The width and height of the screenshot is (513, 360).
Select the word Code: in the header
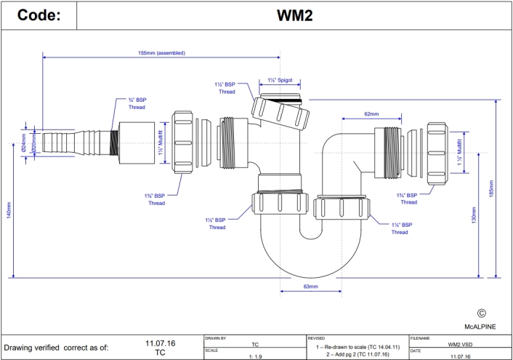tap(38, 15)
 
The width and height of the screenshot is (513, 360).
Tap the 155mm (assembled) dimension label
tap(161, 53)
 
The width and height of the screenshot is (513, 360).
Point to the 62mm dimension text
tap(371, 114)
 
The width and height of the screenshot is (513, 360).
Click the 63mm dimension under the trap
tap(310, 287)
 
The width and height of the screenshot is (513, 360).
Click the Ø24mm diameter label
tap(23, 140)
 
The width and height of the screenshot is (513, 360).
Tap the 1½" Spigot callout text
tap(280, 80)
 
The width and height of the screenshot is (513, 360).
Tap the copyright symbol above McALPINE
tap(480, 313)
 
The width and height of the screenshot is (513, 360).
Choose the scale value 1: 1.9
tap(255, 356)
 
